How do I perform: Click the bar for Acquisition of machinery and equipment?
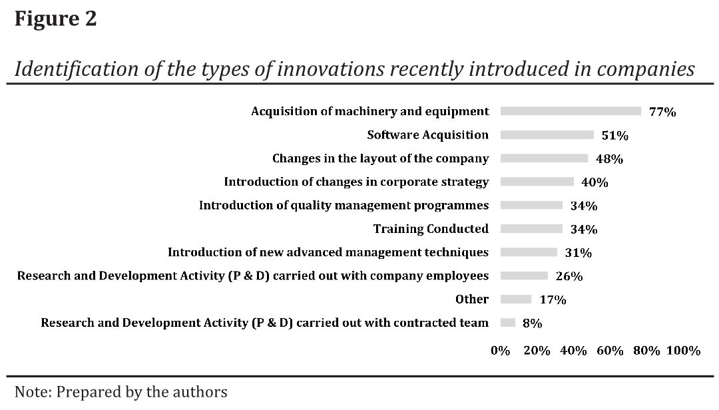571,111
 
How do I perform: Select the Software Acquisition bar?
547,135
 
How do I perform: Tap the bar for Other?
515,300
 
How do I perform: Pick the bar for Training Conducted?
531,229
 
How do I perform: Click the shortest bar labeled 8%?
507,323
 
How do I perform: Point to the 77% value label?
662,112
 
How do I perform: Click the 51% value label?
614,136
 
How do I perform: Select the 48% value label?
609,159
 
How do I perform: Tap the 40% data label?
595,182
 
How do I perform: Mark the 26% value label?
569,276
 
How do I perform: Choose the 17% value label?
553,300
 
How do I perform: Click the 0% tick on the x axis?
500,351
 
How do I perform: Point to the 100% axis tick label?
683,351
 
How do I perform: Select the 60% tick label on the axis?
610,351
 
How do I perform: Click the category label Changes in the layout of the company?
380,158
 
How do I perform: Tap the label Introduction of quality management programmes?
344,205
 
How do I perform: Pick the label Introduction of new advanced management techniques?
328,252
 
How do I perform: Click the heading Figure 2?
55,19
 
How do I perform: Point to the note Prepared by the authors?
120,392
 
